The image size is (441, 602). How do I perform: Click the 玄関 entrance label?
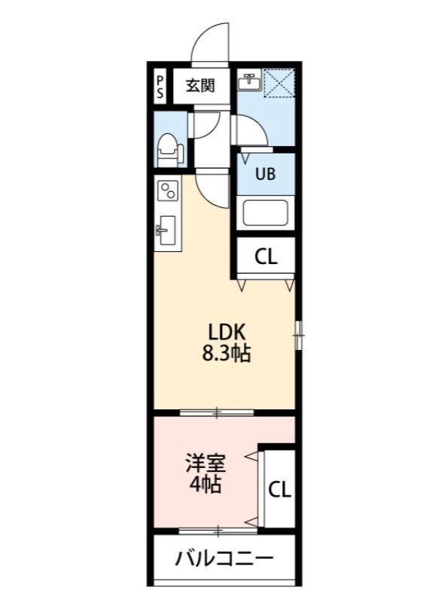click(201, 85)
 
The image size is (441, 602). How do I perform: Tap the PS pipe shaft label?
click(160, 84)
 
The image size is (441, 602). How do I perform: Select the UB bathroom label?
click(265, 174)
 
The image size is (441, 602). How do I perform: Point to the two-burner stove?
click(167, 193)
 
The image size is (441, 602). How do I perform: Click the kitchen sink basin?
click(166, 229)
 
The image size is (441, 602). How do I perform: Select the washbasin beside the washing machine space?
click(248, 81)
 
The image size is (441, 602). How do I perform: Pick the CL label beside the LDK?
click(265, 257)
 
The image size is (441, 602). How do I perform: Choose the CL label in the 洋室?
click(280, 490)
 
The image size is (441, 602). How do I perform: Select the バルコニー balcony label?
click(224, 558)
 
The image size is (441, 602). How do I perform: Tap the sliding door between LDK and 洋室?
click(217, 412)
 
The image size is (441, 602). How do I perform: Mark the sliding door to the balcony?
click(217, 531)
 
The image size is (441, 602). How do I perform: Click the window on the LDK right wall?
click(299, 334)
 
